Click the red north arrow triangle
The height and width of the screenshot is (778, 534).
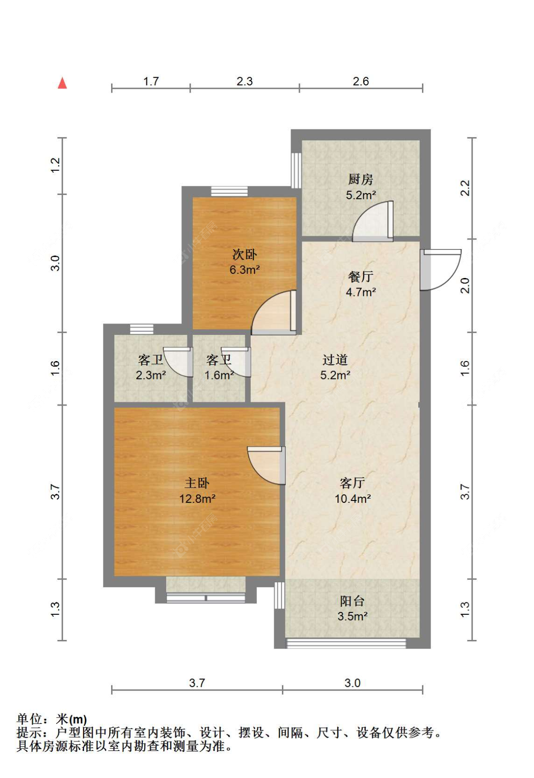[x=62, y=83]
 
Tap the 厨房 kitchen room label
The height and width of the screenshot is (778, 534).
[x=361, y=180]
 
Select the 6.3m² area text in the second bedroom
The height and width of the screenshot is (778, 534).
[x=244, y=269]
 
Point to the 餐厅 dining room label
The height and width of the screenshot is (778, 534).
[x=361, y=277]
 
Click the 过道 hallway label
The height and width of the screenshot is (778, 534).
[x=335, y=360]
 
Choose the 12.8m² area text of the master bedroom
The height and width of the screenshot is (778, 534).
[x=197, y=499]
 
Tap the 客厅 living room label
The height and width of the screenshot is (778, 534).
[x=352, y=483]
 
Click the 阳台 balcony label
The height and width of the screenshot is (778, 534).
[x=352, y=601]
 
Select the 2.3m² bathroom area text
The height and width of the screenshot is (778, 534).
[x=151, y=375]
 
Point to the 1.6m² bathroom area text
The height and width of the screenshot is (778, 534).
[x=219, y=375]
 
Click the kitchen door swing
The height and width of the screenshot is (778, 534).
[x=373, y=221]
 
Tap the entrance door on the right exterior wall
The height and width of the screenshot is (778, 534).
[x=440, y=269]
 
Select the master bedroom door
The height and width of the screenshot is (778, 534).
[x=266, y=465]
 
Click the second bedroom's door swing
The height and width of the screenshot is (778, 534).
[x=274, y=313]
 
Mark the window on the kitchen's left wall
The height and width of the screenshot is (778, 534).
[x=296, y=170]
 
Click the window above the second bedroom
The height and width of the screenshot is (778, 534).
[x=229, y=191]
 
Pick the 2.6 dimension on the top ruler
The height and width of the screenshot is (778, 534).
[x=361, y=81]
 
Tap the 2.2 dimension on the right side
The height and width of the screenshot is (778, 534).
[x=465, y=188]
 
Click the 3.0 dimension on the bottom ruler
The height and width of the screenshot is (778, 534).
[x=352, y=683]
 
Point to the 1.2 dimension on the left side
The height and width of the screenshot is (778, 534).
[x=56, y=165]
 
